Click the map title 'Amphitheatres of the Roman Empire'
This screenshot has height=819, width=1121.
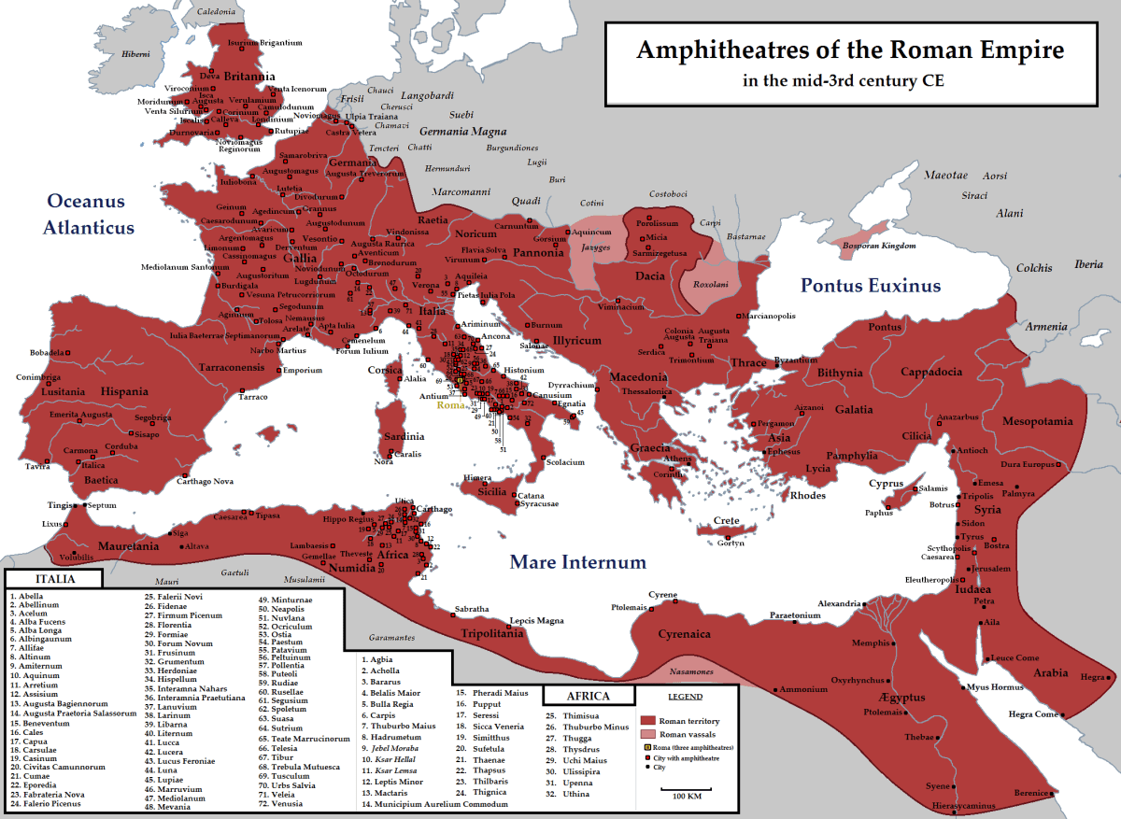(849, 49)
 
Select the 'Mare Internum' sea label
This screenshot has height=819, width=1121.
(577, 562)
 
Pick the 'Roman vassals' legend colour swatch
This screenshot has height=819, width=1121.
(648, 735)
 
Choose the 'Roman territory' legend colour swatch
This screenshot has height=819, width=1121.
(648, 721)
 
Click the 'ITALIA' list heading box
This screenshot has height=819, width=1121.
(50, 579)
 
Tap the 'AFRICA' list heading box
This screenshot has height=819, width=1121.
(589, 696)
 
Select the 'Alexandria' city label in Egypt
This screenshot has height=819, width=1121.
(838, 603)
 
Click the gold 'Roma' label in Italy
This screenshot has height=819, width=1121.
(450, 405)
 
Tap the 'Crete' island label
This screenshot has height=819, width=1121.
(726, 520)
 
